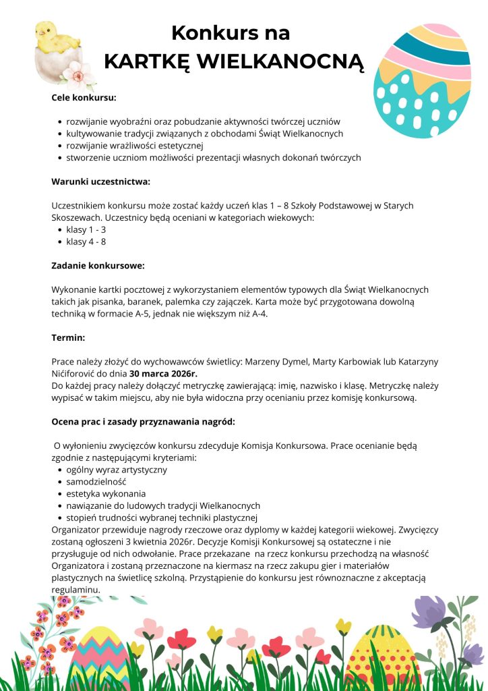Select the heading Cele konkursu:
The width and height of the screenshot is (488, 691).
[x=84, y=98]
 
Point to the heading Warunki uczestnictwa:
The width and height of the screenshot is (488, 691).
[x=100, y=182]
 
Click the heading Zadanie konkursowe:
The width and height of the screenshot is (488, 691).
[x=98, y=266]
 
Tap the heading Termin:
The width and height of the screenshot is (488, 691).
[x=68, y=337]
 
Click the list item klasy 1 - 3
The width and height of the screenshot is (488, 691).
[x=86, y=229]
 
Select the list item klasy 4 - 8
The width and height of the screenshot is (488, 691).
[x=86, y=242]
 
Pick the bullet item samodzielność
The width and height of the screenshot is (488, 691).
[x=96, y=482]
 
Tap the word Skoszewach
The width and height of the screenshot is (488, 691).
[x=77, y=218]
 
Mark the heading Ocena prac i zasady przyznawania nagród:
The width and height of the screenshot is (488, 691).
[x=143, y=422]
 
